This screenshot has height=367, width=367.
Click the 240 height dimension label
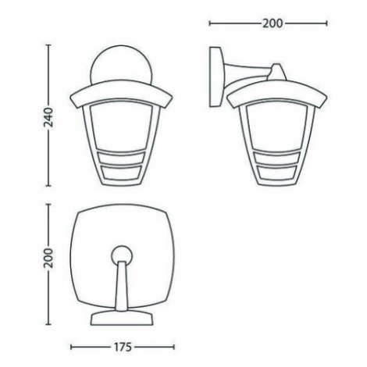point(48,116)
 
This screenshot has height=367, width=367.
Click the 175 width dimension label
point(123,347)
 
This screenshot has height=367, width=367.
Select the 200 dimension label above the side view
point(272,23)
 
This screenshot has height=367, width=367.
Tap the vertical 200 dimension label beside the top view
point(48,258)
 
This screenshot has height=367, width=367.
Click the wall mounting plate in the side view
point(216,77)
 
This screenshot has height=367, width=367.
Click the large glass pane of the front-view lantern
point(121,126)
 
